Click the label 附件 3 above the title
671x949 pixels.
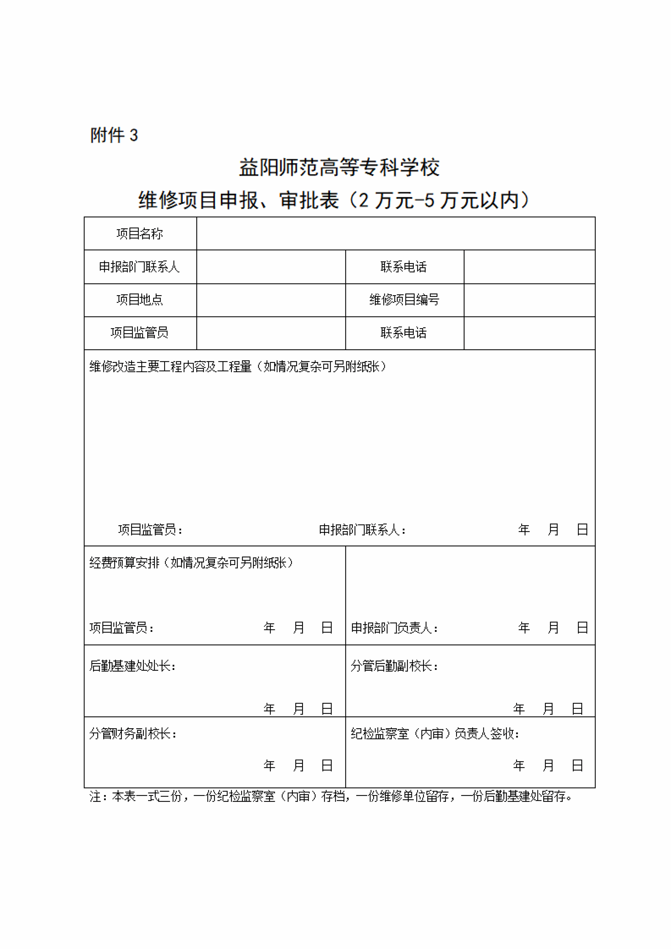[x=114, y=135]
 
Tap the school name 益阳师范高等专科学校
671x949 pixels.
[x=339, y=168]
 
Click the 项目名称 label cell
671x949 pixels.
[x=140, y=234]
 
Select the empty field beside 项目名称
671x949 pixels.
[x=396, y=234]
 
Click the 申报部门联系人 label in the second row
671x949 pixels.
[x=140, y=267]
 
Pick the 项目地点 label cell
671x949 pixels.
[x=140, y=300]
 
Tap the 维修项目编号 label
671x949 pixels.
[x=404, y=300]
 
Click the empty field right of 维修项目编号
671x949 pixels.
[x=529, y=300]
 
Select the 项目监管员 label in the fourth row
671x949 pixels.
[x=140, y=333]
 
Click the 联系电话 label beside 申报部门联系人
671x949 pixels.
[x=404, y=267]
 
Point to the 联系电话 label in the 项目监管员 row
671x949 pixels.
[x=404, y=333]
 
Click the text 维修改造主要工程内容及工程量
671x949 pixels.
[x=170, y=367]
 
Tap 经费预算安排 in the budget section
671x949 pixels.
[x=124, y=562]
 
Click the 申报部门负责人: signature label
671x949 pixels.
[x=394, y=628]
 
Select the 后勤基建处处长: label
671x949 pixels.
[x=133, y=666]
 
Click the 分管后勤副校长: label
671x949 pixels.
[x=394, y=666]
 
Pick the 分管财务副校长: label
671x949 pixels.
[x=133, y=734]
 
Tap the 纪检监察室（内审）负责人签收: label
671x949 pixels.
[x=435, y=734]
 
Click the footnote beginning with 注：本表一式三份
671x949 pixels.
[x=331, y=796]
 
